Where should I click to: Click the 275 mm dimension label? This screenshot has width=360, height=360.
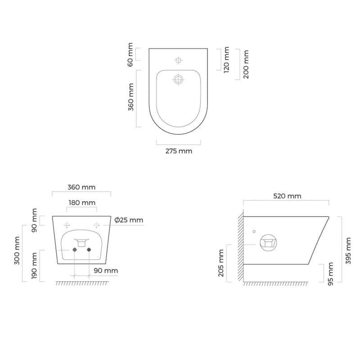click(179, 151)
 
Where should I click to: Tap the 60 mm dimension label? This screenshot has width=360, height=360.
click(130, 54)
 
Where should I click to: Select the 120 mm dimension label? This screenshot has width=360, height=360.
click(226, 59)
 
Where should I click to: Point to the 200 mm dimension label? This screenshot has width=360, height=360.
click(246, 64)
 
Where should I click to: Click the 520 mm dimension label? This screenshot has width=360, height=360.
click(287, 196)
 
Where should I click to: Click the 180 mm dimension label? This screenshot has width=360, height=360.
click(81, 202)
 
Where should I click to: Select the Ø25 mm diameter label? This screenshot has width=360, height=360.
click(129, 220)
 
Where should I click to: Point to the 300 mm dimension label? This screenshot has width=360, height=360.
click(18, 250)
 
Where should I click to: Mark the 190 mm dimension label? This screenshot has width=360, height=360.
click(35, 266)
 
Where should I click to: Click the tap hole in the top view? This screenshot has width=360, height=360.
click(179, 60)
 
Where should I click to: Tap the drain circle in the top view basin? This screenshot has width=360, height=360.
click(179, 80)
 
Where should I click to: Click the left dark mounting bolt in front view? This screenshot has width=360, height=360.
click(74, 249)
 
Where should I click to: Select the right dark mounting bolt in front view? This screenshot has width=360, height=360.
click(89, 249)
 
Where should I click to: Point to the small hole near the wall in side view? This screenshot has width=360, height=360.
click(254, 231)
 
